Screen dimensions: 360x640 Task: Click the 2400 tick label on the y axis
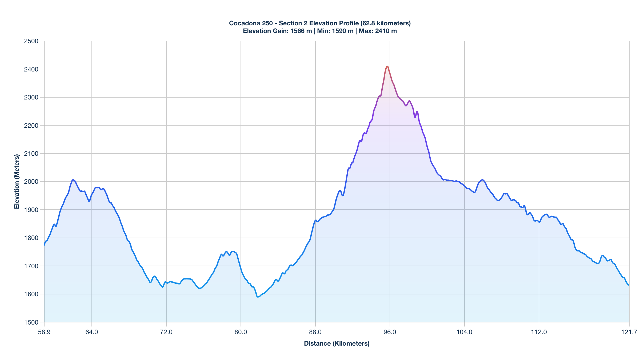tap(31, 69)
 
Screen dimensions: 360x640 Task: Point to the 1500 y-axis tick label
tap(31, 322)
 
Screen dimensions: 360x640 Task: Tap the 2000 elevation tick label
tap(31, 182)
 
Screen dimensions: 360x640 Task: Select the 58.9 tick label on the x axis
tap(44, 332)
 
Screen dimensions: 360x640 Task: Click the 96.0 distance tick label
tap(390, 332)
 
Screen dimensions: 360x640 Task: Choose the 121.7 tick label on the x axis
tap(629, 332)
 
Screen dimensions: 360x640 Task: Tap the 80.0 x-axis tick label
tap(241, 332)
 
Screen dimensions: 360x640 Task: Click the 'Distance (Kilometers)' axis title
tap(337, 343)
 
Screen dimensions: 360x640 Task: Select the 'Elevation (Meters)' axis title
tap(17, 182)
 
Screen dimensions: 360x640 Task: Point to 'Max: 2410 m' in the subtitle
tap(378, 31)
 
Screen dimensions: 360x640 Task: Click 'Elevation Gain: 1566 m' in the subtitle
tap(277, 31)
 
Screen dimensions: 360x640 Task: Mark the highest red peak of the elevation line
tap(387, 66)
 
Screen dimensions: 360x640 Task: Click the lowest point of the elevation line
tap(258, 297)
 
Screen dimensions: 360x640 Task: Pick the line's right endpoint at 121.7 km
tap(629, 285)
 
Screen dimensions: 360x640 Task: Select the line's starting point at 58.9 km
tap(45, 245)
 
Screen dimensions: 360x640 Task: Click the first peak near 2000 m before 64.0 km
tap(73, 180)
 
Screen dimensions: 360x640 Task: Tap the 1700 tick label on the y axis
tap(31, 266)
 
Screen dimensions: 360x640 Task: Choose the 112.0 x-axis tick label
tap(539, 332)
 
